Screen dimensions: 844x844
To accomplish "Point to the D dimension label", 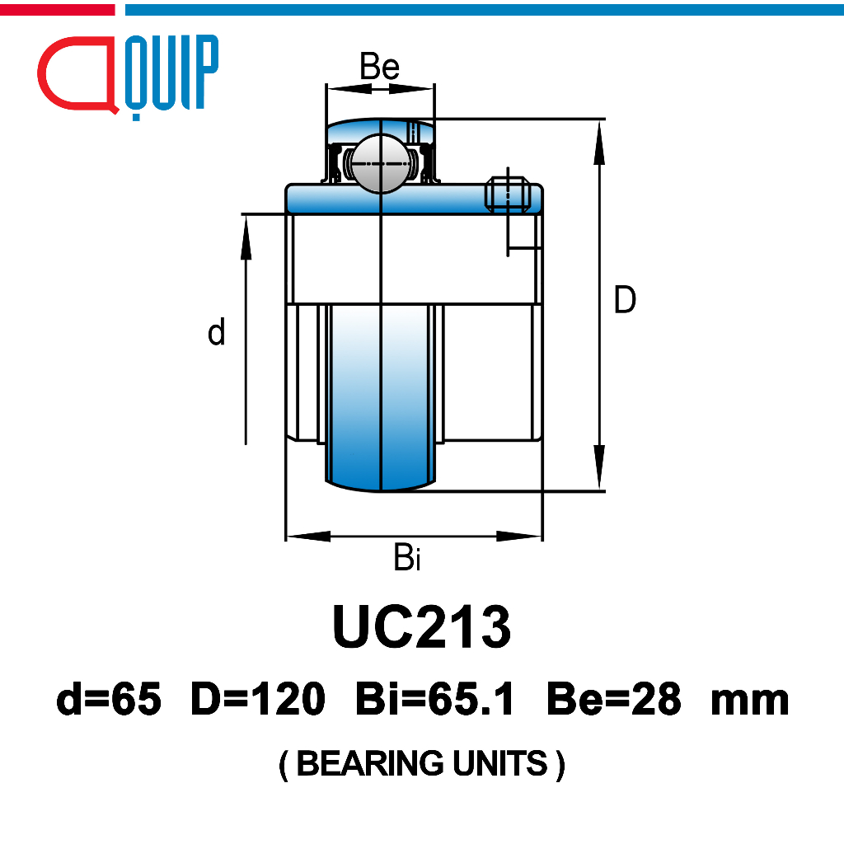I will click(x=625, y=300).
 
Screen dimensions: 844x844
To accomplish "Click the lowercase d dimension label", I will click(x=216, y=333).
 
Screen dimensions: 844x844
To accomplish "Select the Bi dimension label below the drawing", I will click(x=407, y=559).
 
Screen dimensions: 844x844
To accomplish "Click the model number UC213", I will click(x=421, y=627).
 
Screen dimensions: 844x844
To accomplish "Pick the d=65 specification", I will click(x=109, y=701).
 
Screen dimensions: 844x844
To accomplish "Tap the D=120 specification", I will click(x=257, y=701).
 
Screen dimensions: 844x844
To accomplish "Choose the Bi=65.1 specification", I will click(x=435, y=701).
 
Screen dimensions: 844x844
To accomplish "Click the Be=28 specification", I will click(x=613, y=701).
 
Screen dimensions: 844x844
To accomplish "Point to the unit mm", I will click(x=749, y=701).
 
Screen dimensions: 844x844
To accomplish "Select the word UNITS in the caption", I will click(x=501, y=764).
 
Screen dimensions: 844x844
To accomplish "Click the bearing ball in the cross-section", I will click(x=378, y=163).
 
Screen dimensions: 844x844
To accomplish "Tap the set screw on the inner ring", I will click(x=506, y=195).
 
